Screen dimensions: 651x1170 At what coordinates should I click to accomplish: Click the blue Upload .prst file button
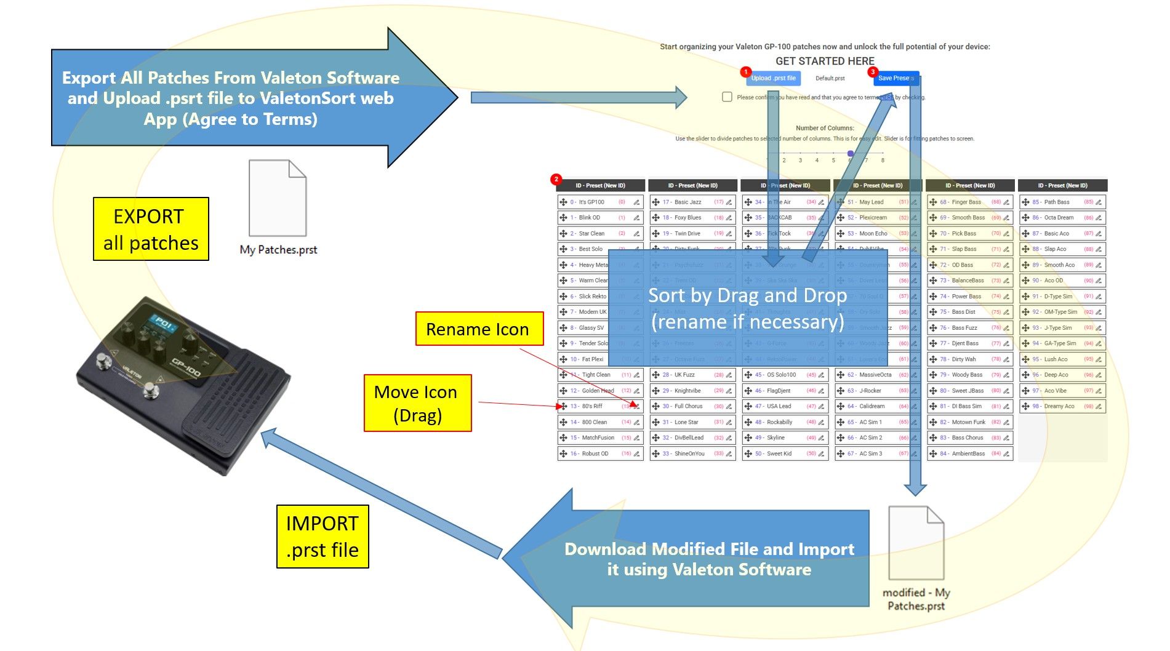pyautogui.click(x=773, y=78)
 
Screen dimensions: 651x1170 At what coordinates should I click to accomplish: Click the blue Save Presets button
pyautogui.click(x=896, y=78)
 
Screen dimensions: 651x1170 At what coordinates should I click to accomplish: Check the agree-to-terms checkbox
pyautogui.click(x=727, y=97)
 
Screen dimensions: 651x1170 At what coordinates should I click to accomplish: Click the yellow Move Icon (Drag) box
pyautogui.click(x=417, y=403)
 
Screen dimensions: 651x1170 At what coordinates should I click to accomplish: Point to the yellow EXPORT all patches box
pyautogui.click(x=151, y=229)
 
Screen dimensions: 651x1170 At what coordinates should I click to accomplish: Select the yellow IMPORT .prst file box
pyautogui.click(x=323, y=536)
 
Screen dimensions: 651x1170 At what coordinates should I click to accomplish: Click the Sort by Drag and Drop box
pyautogui.click(x=747, y=308)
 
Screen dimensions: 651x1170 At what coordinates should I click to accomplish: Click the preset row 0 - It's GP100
pyautogui.click(x=600, y=202)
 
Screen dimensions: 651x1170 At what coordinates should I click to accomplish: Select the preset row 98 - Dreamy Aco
pyautogui.click(x=1062, y=406)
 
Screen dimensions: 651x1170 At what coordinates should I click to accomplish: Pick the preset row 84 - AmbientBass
pyautogui.click(x=969, y=454)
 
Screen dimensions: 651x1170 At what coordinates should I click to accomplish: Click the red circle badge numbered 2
pyautogui.click(x=556, y=180)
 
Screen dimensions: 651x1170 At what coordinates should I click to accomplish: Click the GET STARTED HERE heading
pyautogui.click(x=825, y=61)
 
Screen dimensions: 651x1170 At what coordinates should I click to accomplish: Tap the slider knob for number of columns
pyautogui.click(x=850, y=153)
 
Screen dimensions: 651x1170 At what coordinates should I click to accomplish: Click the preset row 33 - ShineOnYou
pyautogui.click(x=692, y=454)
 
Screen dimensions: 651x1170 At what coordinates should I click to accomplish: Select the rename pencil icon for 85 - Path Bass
pyautogui.click(x=1099, y=202)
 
